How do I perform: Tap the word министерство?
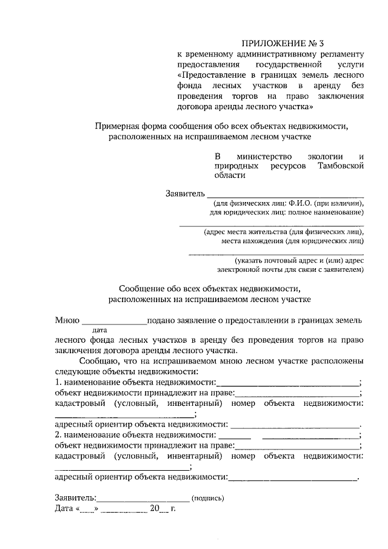[x=264, y=155]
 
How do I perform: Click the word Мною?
[x=66, y=320]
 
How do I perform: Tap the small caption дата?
[x=99, y=331]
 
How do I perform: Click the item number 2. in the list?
[x=58, y=434]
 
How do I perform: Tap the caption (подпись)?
[x=207, y=499]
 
